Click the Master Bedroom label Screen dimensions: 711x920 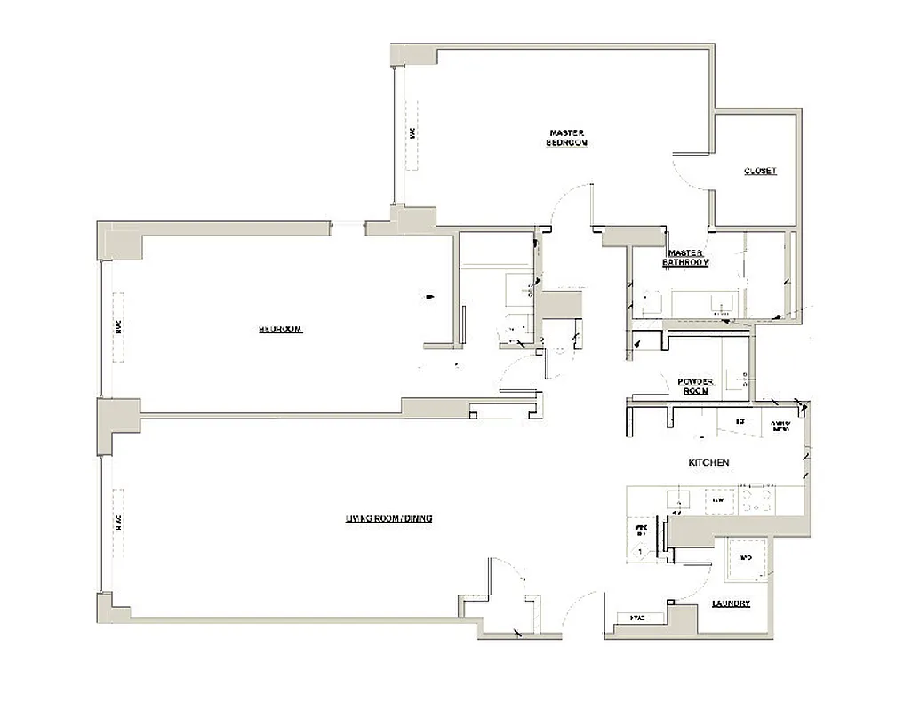[567, 138]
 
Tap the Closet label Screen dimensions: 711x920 [760, 171]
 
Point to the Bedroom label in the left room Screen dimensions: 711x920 [281, 329]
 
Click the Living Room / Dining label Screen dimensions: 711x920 [388, 518]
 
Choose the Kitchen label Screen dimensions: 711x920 [709, 463]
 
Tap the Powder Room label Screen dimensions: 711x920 [696, 386]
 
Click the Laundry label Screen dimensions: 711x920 [731, 603]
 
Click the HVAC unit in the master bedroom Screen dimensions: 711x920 [412, 133]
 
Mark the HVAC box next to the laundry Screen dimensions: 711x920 [637, 617]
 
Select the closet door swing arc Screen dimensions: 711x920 [686, 173]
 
